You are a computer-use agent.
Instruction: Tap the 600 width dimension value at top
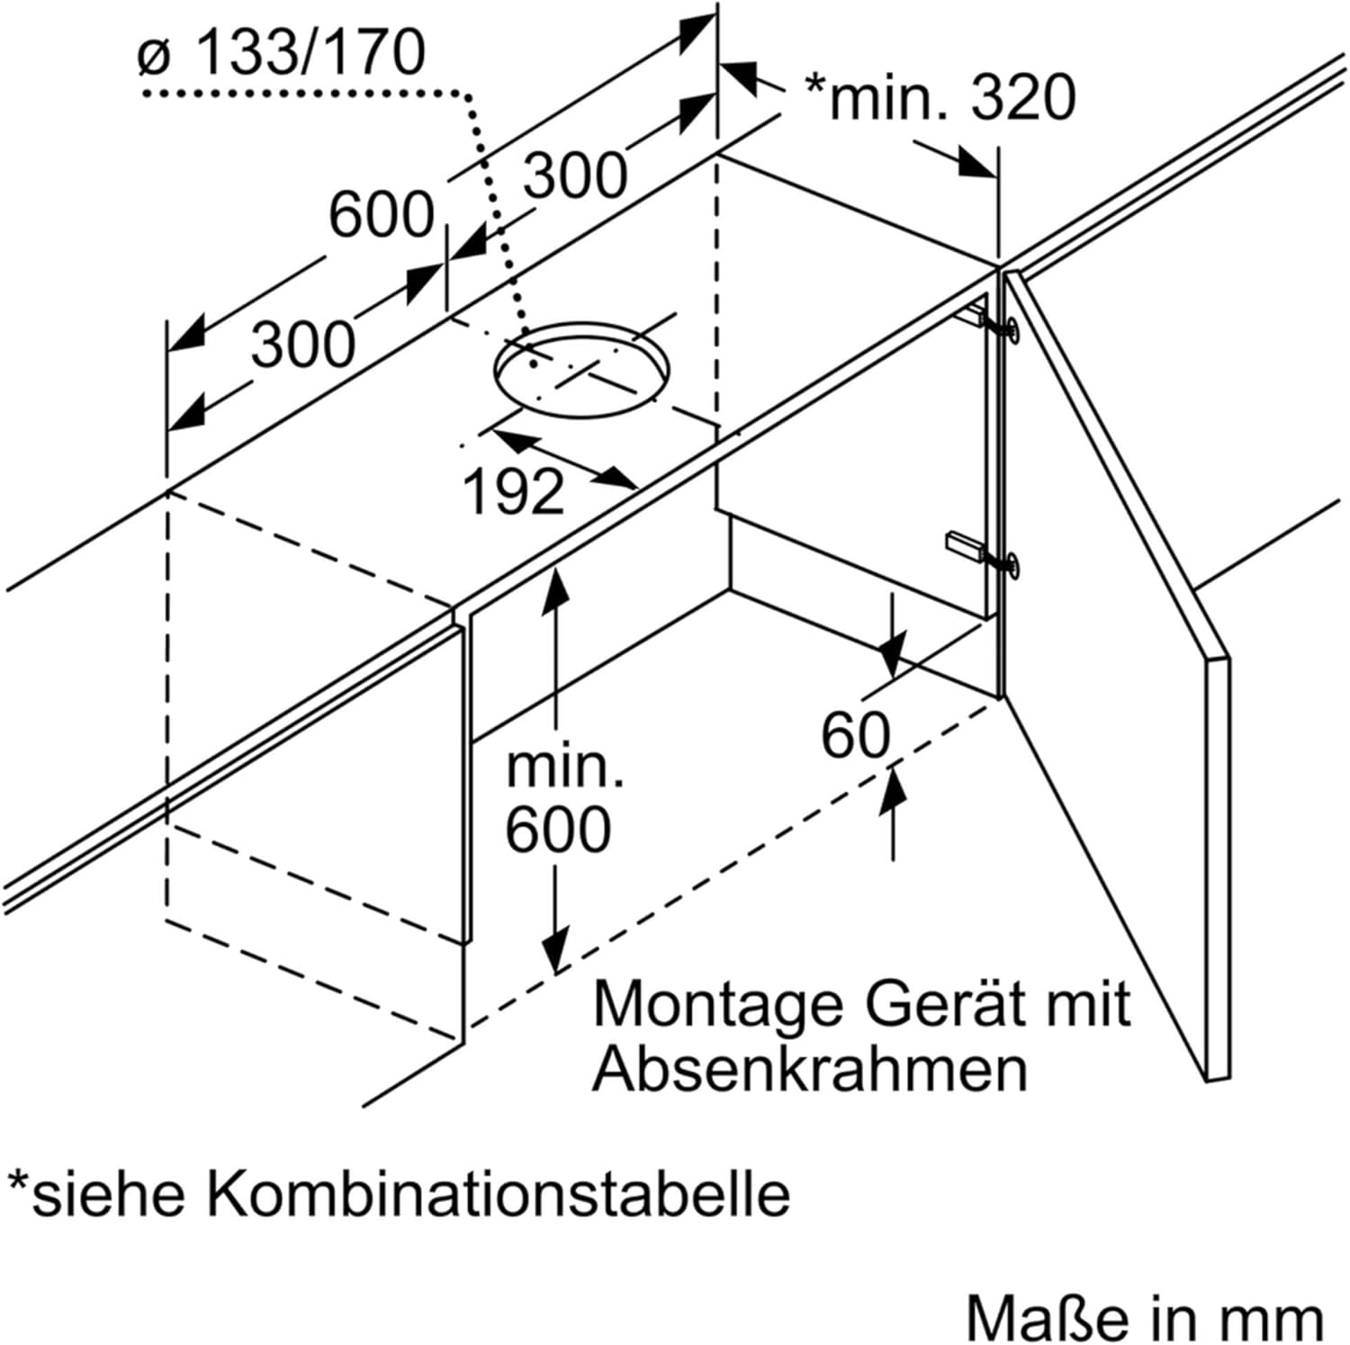pyautogui.click(x=381, y=216)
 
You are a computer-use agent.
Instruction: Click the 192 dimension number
pyautogui.click(x=513, y=492)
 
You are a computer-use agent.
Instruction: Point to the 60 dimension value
pyautogui.click(x=855, y=734)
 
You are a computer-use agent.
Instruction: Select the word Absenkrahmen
pyautogui.click(x=809, y=1070)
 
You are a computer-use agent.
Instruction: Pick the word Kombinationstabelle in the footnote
pyautogui.click(x=499, y=1194)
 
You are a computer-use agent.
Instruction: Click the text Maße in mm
pyautogui.click(x=1145, y=1318)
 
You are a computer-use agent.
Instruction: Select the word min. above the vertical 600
pyautogui.click(x=564, y=767)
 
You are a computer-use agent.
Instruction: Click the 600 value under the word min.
pyautogui.click(x=558, y=829)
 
